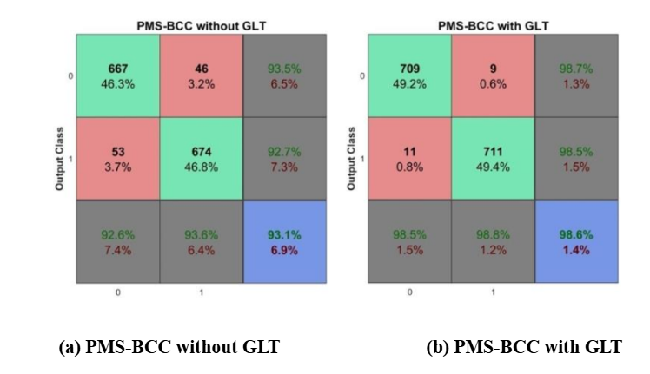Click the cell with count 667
[x=118, y=75]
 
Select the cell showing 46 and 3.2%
[x=202, y=75]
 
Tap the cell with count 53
[x=118, y=159]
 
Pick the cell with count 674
[x=202, y=159]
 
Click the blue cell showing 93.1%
[x=284, y=242]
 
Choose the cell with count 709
[x=409, y=75]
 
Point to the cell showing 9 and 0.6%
[x=493, y=75]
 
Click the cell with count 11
[x=409, y=159]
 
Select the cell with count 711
[x=493, y=159]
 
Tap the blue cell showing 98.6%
[x=575, y=242]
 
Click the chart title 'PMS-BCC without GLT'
[x=201, y=27]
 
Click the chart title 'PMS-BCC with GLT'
[x=492, y=27]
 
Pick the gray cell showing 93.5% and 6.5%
[x=284, y=75]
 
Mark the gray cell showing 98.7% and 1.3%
[x=575, y=75]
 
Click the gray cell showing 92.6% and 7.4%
[x=118, y=242]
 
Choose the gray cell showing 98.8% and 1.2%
[x=493, y=242]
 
